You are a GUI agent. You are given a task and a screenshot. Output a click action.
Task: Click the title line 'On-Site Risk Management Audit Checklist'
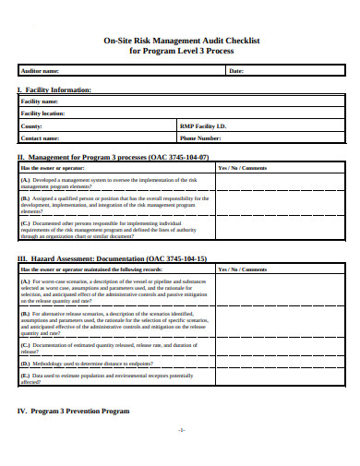coord(180,41)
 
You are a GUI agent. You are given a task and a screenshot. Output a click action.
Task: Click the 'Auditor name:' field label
coord(40,70)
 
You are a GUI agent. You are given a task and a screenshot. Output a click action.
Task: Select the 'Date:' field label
coord(235,70)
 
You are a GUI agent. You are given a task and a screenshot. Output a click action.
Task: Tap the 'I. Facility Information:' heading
coord(54,90)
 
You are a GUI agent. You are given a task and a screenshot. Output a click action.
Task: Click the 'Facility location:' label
coord(45,113)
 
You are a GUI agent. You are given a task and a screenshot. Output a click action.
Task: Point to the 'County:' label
coord(31,125)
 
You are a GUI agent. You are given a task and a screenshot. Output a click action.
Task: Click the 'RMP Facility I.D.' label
coord(202,125)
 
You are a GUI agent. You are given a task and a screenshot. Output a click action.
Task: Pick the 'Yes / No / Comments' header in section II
coord(243,169)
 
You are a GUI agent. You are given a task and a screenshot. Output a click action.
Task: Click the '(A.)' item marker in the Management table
coord(26,180)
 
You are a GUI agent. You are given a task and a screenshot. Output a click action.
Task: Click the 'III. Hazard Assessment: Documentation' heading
coord(112,259)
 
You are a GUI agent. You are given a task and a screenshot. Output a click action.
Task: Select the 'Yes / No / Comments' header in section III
coord(243,270)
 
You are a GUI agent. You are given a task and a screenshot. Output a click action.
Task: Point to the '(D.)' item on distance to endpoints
coord(26,364)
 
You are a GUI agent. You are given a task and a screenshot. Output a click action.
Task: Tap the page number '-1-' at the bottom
coord(181,430)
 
